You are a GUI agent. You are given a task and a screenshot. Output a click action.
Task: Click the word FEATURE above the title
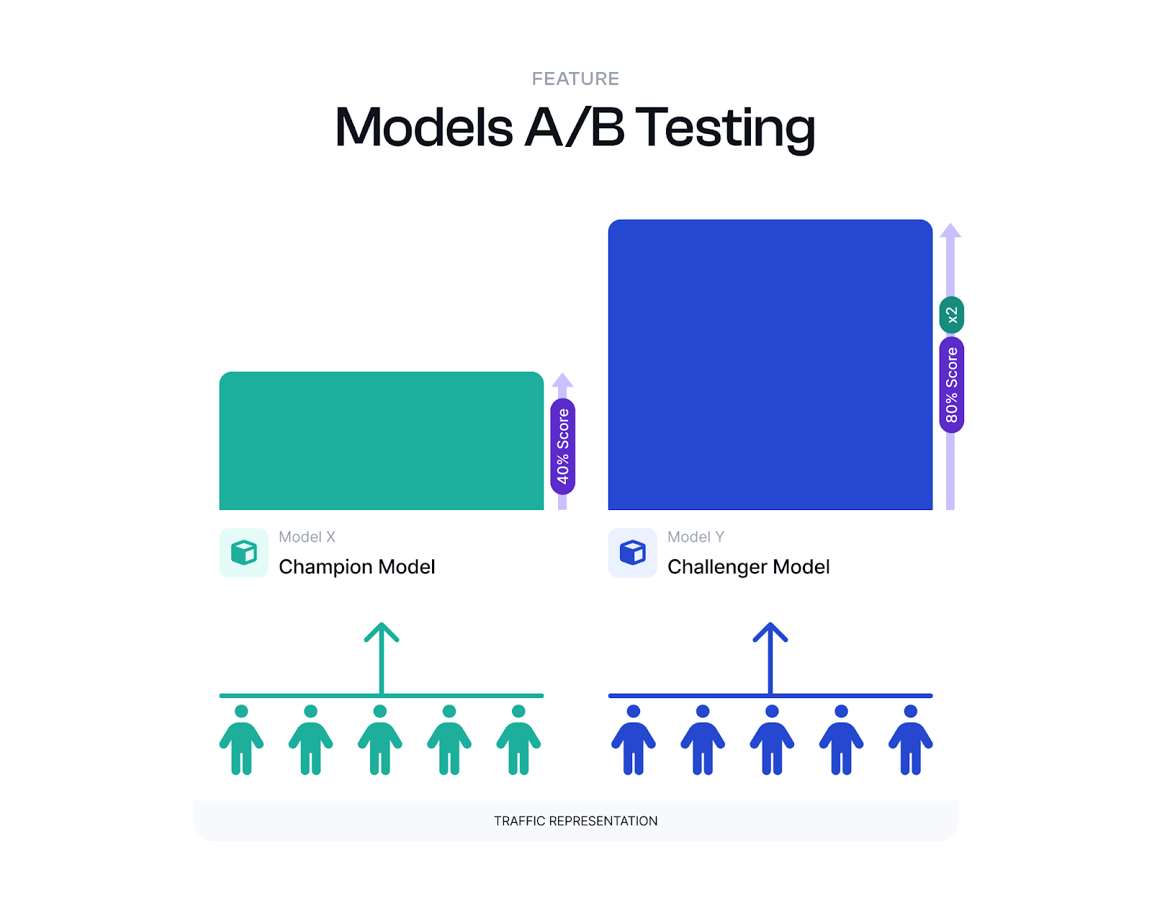(x=575, y=79)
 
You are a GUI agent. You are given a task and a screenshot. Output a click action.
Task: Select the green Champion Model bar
(x=381, y=441)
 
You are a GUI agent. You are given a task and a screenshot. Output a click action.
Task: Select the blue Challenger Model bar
(x=770, y=365)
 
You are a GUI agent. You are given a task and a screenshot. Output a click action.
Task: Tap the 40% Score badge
(x=563, y=446)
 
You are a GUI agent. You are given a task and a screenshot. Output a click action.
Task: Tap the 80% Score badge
(x=951, y=385)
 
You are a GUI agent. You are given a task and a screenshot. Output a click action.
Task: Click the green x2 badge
(x=951, y=315)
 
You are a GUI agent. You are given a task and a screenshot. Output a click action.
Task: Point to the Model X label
(x=307, y=537)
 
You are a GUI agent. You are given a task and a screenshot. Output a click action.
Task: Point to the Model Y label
(x=696, y=537)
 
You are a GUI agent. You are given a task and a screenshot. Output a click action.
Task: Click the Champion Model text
(x=356, y=567)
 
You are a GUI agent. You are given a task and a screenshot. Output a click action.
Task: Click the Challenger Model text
(x=748, y=567)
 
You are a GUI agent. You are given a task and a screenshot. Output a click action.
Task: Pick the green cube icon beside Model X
(x=244, y=553)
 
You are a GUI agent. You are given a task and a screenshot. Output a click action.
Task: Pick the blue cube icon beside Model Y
(x=633, y=553)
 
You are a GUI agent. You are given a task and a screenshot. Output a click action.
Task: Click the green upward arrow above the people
(x=382, y=656)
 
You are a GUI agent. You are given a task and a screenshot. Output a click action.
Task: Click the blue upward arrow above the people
(x=770, y=656)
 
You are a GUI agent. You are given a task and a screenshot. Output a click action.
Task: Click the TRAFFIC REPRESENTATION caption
(x=575, y=821)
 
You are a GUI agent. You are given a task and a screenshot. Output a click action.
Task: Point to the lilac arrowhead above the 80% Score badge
(x=950, y=231)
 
